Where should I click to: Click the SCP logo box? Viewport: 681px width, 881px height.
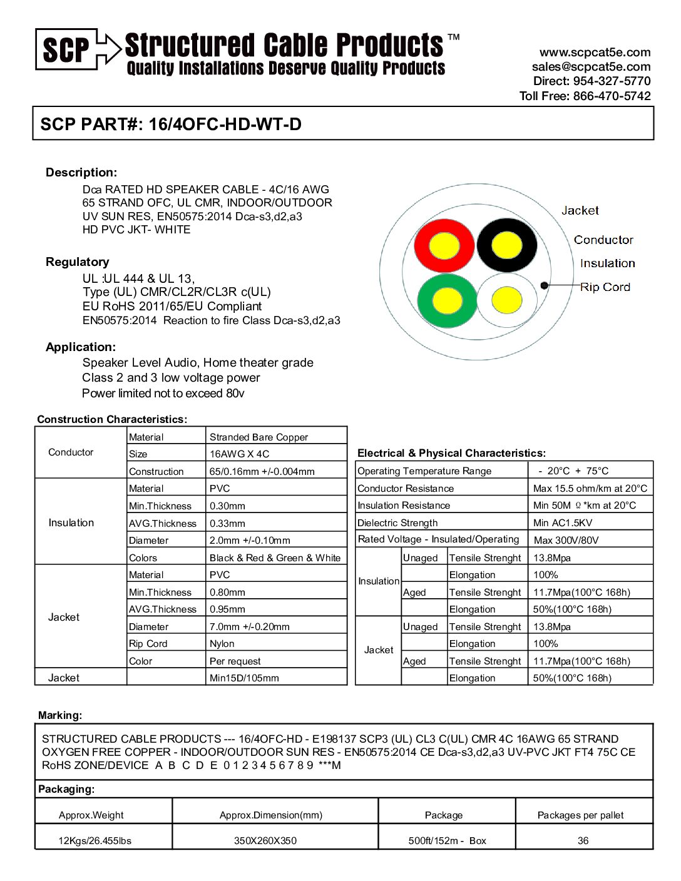click(x=66, y=49)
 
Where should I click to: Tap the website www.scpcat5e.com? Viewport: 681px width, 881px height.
click(x=595, y=53)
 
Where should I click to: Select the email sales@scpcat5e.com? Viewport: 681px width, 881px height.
click(x=591, y=67)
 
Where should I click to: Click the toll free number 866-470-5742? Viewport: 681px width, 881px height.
click(x=612, y=96)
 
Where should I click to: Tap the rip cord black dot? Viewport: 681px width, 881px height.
click(x=545, y=285)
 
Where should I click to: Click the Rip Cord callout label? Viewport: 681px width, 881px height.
click(x=605, y=287)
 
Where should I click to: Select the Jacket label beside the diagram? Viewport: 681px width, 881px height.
click(x=580, y=211)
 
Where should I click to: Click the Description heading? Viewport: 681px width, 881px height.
click(x=81, y=173)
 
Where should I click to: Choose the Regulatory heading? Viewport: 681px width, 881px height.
click(x=77, y=262)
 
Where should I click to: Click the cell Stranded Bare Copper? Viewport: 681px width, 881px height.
click(x=259, y=437)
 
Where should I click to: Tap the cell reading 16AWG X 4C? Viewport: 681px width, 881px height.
click(x=239, y=454)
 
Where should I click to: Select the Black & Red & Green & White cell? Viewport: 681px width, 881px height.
click(x=275, y=558)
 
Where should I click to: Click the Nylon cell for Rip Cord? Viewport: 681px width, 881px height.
click(x=222, y=644)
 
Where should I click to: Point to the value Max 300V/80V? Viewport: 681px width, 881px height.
click(x=566, y=540)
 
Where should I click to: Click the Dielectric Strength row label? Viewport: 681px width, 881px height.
click(x=397, y=523)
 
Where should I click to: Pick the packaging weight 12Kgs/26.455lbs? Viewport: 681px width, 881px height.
click(x=95, y=841)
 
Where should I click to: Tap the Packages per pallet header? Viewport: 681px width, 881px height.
click(x=580, y=815)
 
